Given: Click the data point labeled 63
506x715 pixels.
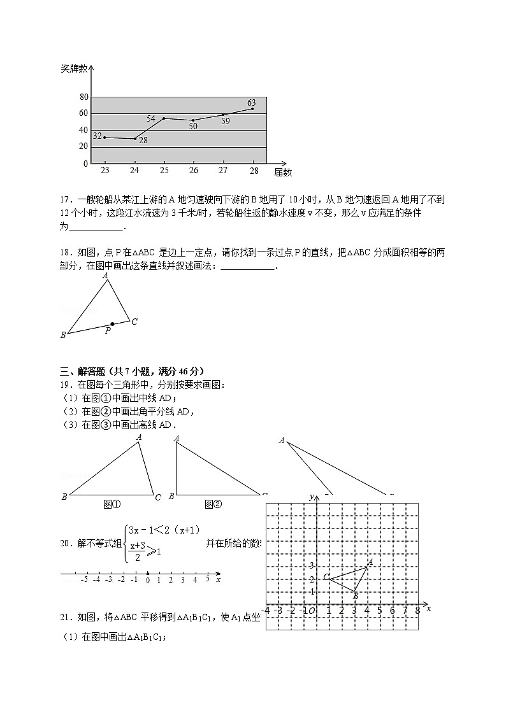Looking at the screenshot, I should pyautogui.click(x=253, y=109).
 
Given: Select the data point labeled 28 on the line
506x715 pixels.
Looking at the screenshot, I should pyautogui.click(x=134, y=139).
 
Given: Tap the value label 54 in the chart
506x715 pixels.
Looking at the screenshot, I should pyautogui.click(x=151, y=118).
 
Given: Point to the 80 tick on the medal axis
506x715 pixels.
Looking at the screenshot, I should pyautogui.click(x=83, y=97).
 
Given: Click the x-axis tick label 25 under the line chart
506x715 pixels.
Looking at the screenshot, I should pyautogui.click(x=164, y=171).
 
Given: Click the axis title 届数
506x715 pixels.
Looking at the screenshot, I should pyautogui.click(x=283, y=172).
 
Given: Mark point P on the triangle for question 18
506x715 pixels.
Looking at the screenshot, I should pyautogui.click(x=113, y=324).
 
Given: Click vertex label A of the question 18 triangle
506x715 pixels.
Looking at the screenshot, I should pyautogui.click(x=105, y=276).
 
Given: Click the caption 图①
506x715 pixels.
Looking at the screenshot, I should pyautogui.click(x=112, y=504).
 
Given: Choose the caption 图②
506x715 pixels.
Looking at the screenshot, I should pyautogui.click(x=213, y=504).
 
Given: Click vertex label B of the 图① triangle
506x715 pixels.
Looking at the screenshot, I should pyautogui.click(x=64, y=497).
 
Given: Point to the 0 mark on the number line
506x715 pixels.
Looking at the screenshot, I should pyautogui.click(x=147, y=580).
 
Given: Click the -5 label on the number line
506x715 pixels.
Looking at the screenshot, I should pyautogui.click(x=83, y=580).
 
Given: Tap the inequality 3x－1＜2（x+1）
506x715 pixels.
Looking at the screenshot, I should pyautogui.click(x=164, y=530).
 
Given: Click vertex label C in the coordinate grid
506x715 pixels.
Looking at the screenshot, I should pyautogui.click(x=326, y=577).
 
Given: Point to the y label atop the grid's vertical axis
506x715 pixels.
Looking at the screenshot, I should pyautogui.click(x=310, y=497).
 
